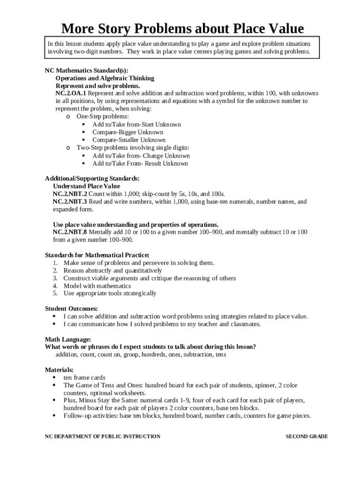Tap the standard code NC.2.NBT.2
click(70, 194)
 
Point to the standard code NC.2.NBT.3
click(70, 202)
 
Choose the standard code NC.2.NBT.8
click(70, 232)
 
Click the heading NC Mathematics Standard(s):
click(86, 70)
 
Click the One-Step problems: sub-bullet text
click(103, 116)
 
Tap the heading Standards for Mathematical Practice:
click(97, 255)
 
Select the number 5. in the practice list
click(55, 293)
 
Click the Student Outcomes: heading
click(71, 309)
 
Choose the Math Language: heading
click(68, 339)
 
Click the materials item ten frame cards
click(84, 377)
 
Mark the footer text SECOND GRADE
click(307, 436)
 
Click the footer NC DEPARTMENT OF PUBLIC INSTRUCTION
click(102, 436)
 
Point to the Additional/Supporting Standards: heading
click(92, 178)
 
